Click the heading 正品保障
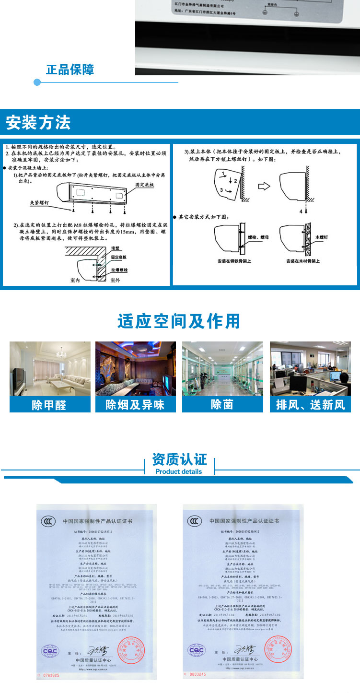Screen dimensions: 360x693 [70, 70]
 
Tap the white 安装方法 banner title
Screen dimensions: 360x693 [38, 123]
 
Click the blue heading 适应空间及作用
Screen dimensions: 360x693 [179, 321]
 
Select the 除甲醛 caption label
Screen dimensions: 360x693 [49, 405]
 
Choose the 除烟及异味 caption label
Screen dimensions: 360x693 [136, 405]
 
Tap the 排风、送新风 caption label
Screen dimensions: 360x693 [311, 405]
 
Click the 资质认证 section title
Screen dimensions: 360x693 [179, 459]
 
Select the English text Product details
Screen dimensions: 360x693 [179, 471]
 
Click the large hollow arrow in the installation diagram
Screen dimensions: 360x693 [264, 185]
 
